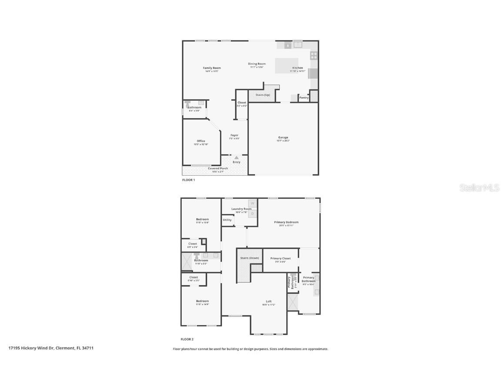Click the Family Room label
point(212,68)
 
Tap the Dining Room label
point(257,64)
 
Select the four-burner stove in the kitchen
point(314,55)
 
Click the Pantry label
point(304,98)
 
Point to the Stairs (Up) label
point(262,95)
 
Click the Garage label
point(283,138)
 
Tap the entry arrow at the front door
point(236,158)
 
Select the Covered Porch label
point(218,168)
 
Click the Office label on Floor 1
point(200,141)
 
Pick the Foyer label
point(234,135)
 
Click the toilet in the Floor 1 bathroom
point(188,104)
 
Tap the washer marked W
point(252,203)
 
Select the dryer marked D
point(252,213)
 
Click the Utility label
point(227,220)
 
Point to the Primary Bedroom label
point(286,222)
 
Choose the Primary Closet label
point(281,258)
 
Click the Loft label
point(269,302)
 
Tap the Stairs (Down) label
point(250,258)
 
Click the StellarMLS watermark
point(480,187)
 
